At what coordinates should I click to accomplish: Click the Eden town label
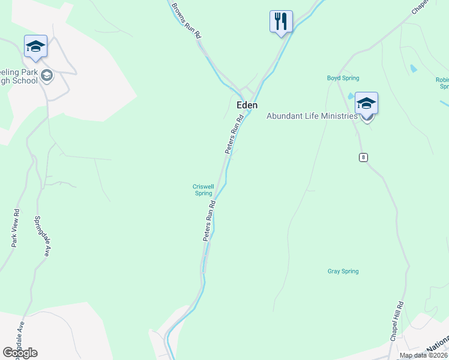pyautogui.click(x=247, y=105)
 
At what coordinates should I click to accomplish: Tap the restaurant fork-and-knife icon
pyautogui.click(x=281, y=22)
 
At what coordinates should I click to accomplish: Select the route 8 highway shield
pyautogui.click(x=363, y=157)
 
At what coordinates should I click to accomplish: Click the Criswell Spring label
pyautogui.click(x=203, y=190)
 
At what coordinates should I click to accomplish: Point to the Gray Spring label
pyautogui.click(x=343, y=271)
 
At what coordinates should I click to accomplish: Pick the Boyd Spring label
pyautogui.click(x=342, y=78)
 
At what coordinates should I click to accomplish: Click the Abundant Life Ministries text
pyautogui.click(x=312, y=116)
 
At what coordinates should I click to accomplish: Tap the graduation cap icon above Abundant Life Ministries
pyautogui.click(x=366, y=103)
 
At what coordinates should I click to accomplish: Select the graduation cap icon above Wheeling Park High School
pyautogui.click(x=35, y=46)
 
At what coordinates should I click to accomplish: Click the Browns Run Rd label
pyautogui.click(x=186, y=20)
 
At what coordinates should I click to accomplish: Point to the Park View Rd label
pyautogui.click(x=16, y=228)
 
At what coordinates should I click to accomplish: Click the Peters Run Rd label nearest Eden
pyautogui.click(x=235, y=134)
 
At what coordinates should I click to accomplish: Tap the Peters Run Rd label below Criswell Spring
pyautogui.click(x=208, y=222)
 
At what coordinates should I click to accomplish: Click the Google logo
pyautogui.click(x=20, y=353)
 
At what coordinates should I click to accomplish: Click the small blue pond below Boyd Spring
pyautogui.click(x=351, y=96)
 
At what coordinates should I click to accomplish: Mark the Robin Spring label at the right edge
pyautogui.click(x=442, y=83)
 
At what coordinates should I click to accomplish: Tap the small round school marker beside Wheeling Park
pyautogui.click(x=47, y=76)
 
